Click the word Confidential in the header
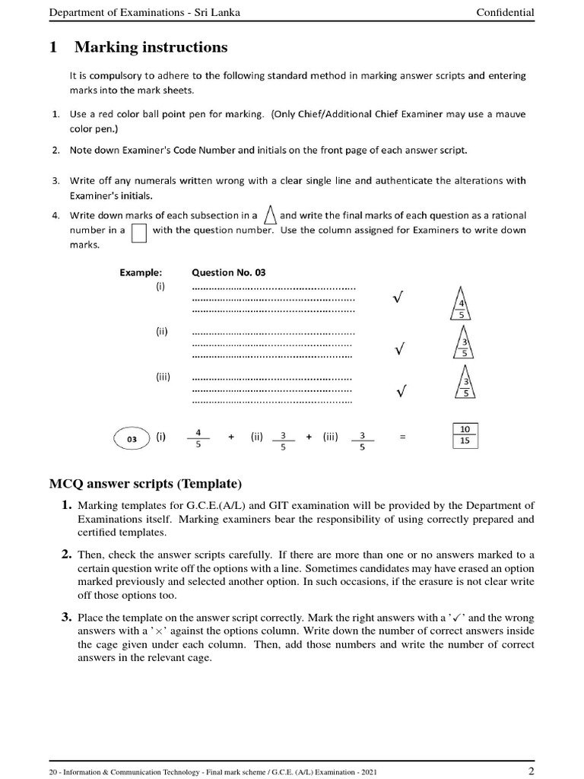[x=505, y=12]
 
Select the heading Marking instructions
[x=151, y=47]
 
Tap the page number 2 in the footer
[x=531, y=771]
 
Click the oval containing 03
[x=132, y=438]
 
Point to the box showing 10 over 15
[x=465, y=434]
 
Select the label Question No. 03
[x=228, y=272]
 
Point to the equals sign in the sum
[x=403, y=437]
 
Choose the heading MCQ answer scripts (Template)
[x=145, y=484]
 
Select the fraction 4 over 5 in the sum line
[x=198, y=438]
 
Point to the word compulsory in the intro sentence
[x=113, y=76]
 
